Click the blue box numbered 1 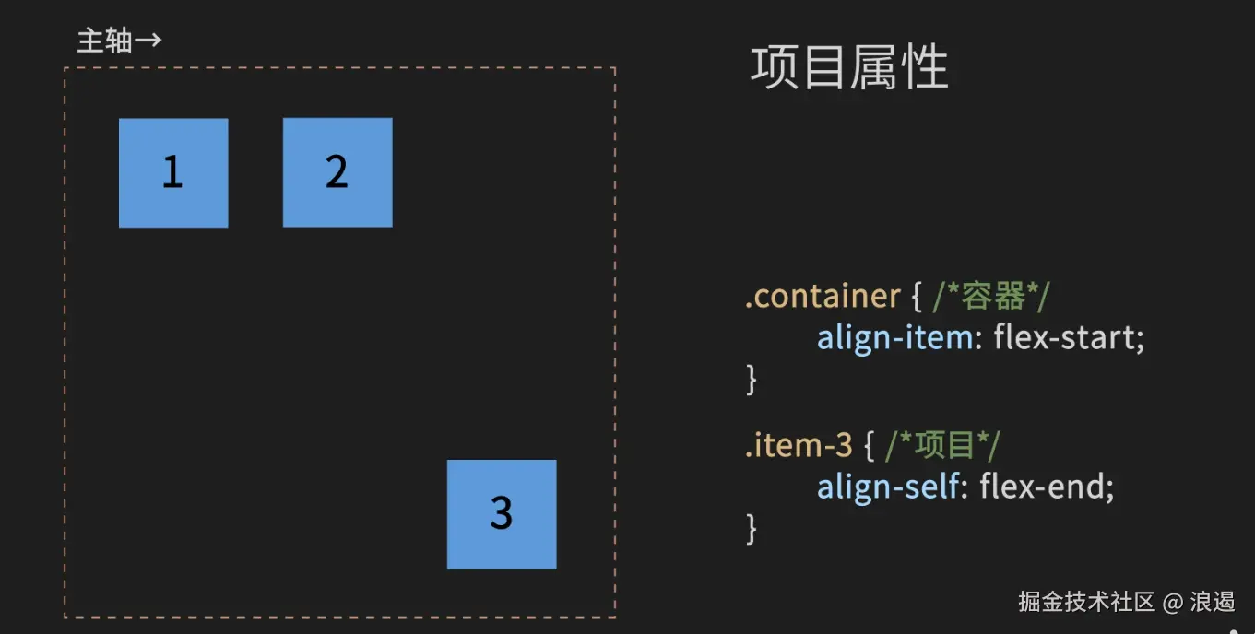[173, 172]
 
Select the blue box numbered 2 [337, 172]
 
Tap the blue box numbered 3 [502, 514]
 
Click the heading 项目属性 [849, 68]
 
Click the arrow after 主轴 [148, 41]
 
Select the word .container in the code [823, 297]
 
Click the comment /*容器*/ [991, 297]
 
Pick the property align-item [894, 338]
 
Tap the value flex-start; [1069, 338]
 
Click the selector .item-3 [799, 446]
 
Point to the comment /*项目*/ [942, 446]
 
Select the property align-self [887, 487]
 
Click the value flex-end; [1047, 487]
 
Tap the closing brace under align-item [752, 379]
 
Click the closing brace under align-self [752, 528]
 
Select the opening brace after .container [917, 297]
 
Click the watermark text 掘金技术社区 [1087, 603]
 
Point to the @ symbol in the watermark [1172, 603]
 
